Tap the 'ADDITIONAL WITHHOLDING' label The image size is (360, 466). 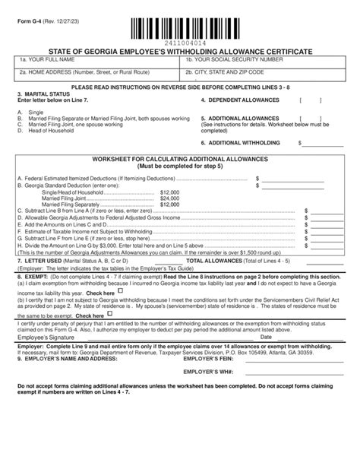point(248,141)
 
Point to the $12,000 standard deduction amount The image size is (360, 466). point(169,193)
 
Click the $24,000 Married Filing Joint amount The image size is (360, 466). point(169,198)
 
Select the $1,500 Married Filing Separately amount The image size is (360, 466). point(169,204)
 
